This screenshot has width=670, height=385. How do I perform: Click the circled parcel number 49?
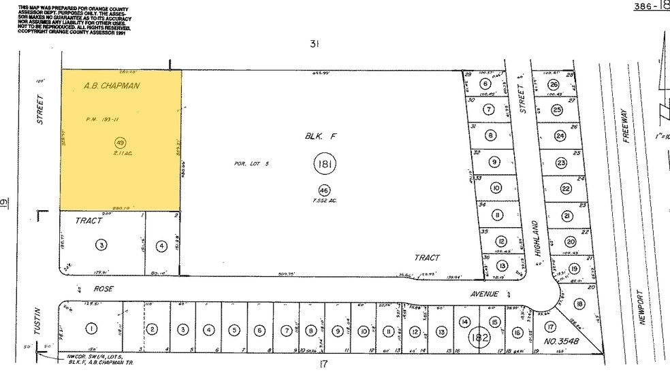(121, 143)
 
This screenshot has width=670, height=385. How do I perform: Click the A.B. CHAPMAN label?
(112, 86)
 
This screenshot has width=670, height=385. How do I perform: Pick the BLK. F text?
(318, 136)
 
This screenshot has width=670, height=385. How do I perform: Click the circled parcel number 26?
(554, 84)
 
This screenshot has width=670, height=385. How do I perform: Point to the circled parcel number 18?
(579, 304)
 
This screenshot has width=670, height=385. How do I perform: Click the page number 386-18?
(651, 6)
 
